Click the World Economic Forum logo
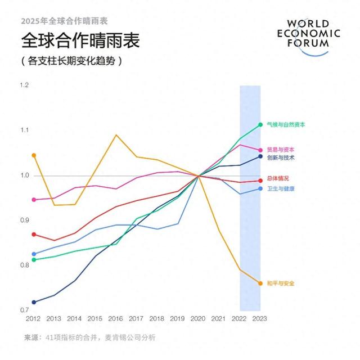tap(313, 37)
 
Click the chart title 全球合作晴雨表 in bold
tap(80, 41)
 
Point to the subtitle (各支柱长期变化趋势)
tap(71, 60)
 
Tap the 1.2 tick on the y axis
tap(24, 85)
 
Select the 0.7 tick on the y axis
tap(24, 310)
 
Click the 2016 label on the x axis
tap(116, 318)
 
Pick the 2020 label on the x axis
tap(199, 318)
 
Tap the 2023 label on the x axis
tap(260, 318)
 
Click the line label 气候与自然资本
tap(286, 125)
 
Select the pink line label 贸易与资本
tap(281, 150)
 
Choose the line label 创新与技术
tap(281, 158)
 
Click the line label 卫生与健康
tap(281, 189)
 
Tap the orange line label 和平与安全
tap(281, 283)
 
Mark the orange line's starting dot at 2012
tap(34, 155)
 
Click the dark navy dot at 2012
tap(34, 303)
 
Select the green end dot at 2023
tap(260, 125)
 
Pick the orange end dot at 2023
tap(260, 283)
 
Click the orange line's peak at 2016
tap(116, 135)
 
